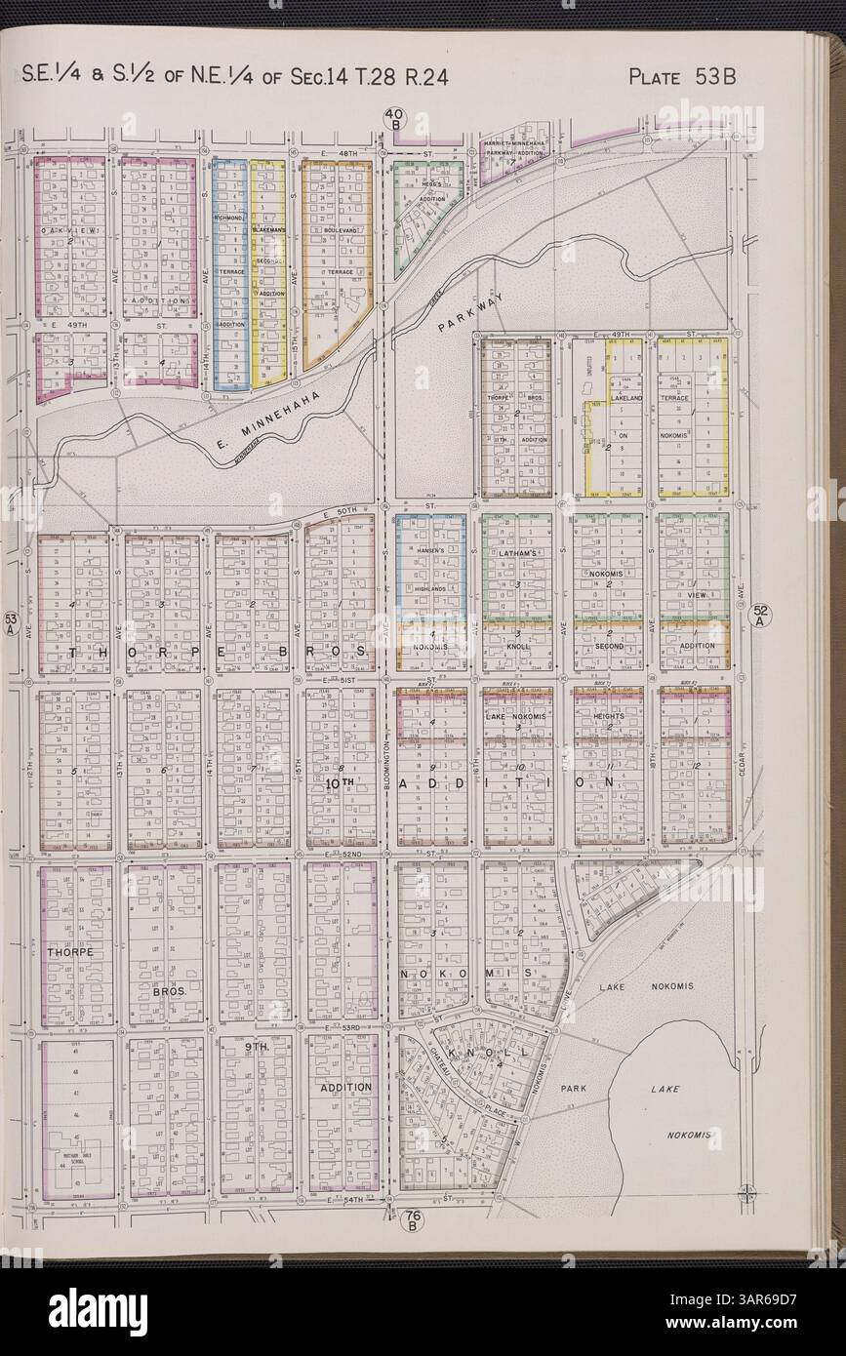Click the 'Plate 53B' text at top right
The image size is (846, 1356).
[681, 77]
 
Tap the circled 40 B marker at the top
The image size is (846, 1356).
[397, 120]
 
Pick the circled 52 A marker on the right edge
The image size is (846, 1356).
[762, 615]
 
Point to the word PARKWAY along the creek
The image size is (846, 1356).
[468, 314]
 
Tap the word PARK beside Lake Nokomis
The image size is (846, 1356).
[572, 1085]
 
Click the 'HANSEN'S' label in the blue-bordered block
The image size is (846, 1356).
[430, 551]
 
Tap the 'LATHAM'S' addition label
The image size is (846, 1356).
[516, 554]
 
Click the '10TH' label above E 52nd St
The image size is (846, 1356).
[338, 783]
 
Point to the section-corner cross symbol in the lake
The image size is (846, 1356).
[746, 1191]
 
